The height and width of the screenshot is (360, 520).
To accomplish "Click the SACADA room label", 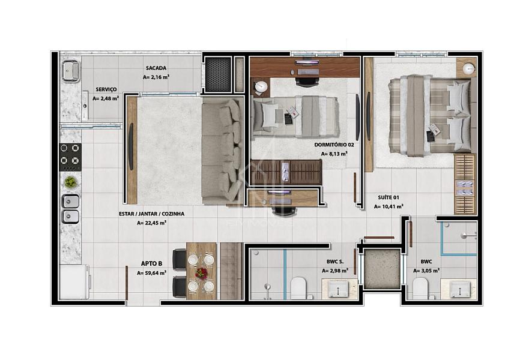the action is [x=156, y=68].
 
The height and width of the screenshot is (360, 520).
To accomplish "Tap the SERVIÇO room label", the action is [x=106, y=89].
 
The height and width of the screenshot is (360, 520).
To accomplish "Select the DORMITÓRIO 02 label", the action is [x=334, y=145].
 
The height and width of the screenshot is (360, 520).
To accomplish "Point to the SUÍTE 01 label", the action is [x=388, y=197].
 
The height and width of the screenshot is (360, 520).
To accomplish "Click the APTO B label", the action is [x=151, y=263].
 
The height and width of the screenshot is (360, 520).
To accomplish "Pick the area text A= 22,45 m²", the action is [x=151, y=223].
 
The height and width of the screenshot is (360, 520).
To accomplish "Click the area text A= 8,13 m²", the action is [x=334, y=154].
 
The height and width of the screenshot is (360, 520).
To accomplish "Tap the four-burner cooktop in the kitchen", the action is [x=70, y=157].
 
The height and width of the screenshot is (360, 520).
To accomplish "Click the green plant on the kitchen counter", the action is [x=70, y=182].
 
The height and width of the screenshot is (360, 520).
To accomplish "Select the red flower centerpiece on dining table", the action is [x=201, y=273].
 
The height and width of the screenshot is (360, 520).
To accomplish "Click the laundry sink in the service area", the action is [x=70, y=70].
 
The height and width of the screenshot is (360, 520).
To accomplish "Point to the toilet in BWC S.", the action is [x=298, y=288].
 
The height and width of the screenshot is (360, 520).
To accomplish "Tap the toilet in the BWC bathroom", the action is [x=420, y=288].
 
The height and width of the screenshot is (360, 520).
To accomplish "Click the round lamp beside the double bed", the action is [x=468, y=68].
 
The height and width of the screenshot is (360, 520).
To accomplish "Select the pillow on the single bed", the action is [x=270, y=116].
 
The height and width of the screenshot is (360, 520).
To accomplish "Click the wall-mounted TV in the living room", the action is [x=131, y=146].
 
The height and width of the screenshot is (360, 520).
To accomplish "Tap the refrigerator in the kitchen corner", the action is [x=74, y=281].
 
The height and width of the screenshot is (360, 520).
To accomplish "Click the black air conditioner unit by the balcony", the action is [x=217, y=74].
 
